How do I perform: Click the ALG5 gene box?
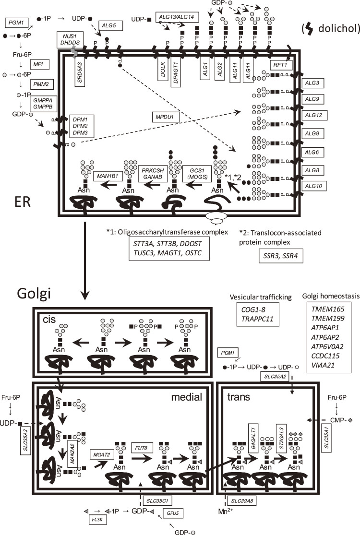(x=110, y=25)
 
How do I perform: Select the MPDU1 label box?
(x=165, y=117)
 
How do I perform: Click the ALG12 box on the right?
(x=314, y=115)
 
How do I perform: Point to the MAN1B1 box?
(x=108, y=176)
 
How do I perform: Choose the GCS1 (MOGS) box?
(x=197, y=174)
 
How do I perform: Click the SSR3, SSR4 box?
(x=280, y=256)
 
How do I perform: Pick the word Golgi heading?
(x=34, y=294)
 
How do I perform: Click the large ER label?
(x=23, y=202)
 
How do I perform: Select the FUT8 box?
(x=141, y=447)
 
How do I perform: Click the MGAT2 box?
(x=102, y=454)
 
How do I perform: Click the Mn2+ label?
(x=226, y=511)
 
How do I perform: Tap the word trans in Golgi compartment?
(x=239, y=397)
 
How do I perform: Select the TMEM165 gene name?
(x=327, y=309)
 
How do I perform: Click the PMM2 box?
(x=41, y=84)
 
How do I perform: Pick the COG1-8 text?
(x=253, y=310)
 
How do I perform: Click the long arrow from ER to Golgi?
(x=84, y=261)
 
